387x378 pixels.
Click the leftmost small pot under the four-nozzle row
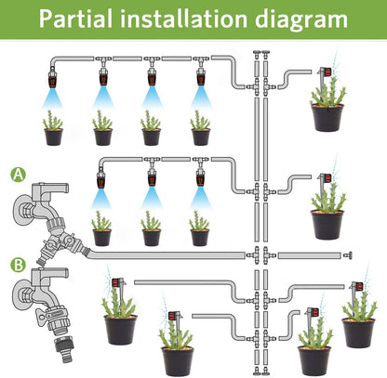[x=53, y=137]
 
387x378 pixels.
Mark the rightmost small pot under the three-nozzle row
[x=198, y=237]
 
